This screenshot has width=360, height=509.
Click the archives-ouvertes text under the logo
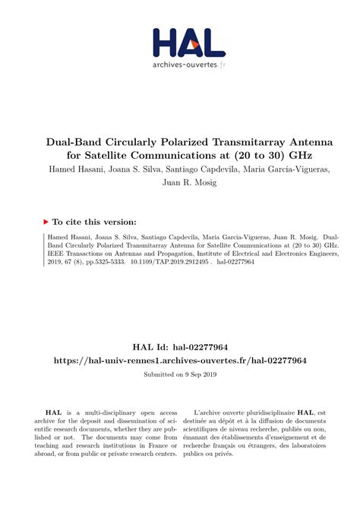[x=183, y=65]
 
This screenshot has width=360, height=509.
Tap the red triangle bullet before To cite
[x=46, y=222]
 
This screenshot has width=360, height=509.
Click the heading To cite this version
[x=96, y=222]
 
